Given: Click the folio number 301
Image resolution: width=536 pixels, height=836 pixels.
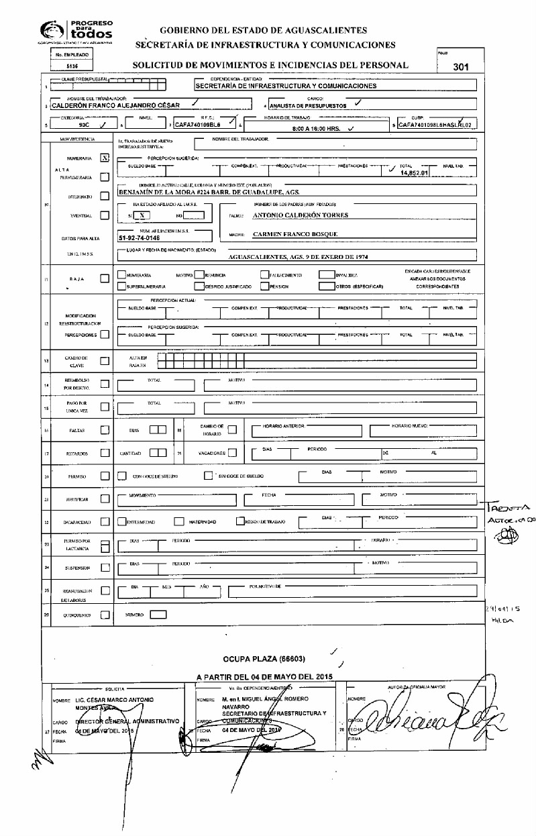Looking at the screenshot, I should coord(460,66).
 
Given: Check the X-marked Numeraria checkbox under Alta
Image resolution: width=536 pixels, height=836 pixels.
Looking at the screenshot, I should coord(104,158).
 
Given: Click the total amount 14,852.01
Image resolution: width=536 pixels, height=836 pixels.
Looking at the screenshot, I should coord(413,172).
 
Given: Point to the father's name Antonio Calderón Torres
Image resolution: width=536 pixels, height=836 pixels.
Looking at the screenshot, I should coord(301,215).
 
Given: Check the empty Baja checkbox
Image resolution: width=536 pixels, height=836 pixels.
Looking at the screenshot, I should coord(104,278).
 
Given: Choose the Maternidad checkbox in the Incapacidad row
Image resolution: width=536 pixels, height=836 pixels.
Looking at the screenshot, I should coord(179,521).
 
